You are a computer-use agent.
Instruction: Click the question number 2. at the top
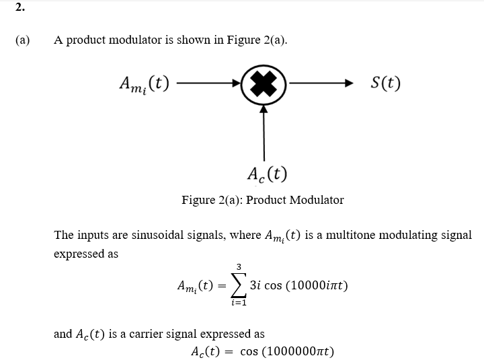[x=19, y=7]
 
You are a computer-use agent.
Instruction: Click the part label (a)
[x=23, y=40]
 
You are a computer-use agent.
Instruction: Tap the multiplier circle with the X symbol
[x=264, y=85]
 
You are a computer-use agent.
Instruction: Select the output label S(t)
[x=386, y=84]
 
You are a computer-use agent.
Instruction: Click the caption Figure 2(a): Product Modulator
[x=262, y=200]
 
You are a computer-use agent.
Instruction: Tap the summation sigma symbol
[x=238, y=285]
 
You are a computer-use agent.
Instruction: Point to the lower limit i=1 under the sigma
[x=239, y=303]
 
